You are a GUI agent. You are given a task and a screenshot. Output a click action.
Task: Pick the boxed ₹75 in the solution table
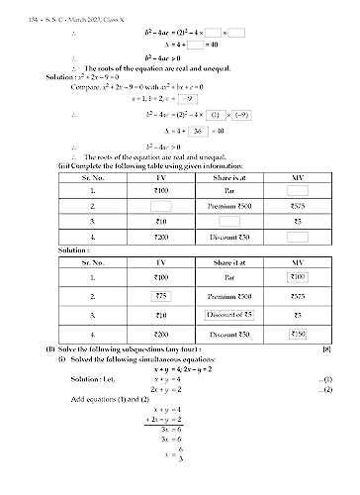(x=154, y=296)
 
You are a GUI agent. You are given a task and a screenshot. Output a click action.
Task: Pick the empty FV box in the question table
(x=154, y=205)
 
